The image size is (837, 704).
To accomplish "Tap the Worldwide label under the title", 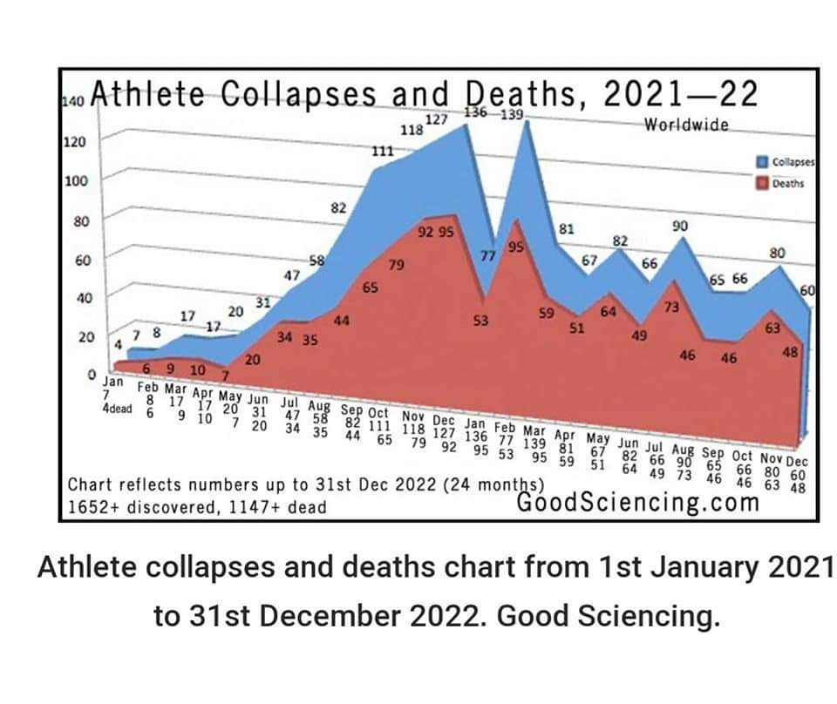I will coord(686,125).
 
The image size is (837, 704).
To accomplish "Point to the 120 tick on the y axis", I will coord(75,141).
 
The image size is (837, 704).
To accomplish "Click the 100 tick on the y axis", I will coord(75,180).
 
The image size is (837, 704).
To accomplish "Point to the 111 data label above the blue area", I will coord(383,151).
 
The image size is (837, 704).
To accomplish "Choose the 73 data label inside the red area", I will coord(671,308).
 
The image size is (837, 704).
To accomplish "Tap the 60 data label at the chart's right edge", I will coord(806,292).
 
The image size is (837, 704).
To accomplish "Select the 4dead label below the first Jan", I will coord(118,409).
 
